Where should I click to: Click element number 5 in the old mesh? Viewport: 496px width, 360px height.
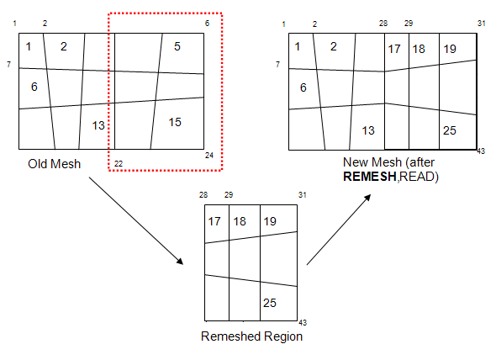coord(177,47)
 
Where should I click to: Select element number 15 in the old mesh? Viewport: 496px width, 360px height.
coord(175,123)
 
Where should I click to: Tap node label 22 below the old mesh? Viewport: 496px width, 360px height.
coord(119,162)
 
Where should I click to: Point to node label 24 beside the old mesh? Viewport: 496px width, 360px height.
coord(209,156)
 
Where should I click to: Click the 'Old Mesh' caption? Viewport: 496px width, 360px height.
coord(54,163)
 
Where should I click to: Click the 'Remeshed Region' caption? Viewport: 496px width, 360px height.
coord(251,336)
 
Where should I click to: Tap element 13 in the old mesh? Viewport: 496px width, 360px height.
coord(98,125)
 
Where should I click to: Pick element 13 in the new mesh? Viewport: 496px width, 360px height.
coord(367,130)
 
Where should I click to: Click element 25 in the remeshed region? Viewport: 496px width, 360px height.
coord(271,304)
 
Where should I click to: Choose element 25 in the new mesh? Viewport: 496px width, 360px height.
coord(449,130)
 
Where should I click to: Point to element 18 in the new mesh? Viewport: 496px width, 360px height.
coord(419,49)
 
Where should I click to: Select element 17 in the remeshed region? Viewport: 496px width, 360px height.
coord(214,221)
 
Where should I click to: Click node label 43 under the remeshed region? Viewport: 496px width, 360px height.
coord(303,323)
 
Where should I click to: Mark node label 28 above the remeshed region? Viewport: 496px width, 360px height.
coord(203,195)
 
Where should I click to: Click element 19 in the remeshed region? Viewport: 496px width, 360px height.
coord(270,221)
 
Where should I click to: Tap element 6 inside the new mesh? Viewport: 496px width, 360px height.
coord(303,87)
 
